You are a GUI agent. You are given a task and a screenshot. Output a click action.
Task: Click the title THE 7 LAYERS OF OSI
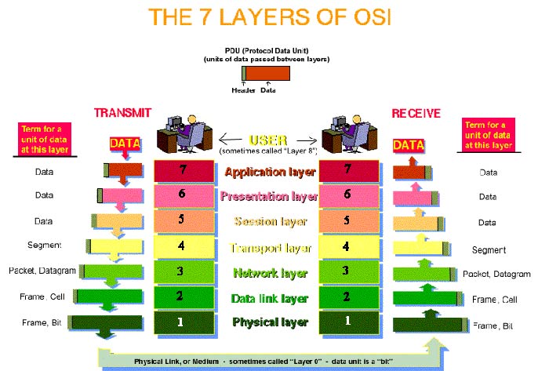270,16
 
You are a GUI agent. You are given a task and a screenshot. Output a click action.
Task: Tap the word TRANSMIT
122,113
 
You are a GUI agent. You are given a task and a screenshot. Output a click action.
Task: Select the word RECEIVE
416,114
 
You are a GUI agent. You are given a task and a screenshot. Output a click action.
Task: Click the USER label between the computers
268,140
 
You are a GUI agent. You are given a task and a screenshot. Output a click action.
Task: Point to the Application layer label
270,173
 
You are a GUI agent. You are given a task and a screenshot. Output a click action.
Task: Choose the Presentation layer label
269,196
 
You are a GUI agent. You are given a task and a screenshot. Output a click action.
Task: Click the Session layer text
271,221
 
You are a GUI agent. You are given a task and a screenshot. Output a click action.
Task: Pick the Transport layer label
271,248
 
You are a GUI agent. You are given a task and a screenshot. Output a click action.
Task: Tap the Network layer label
271,273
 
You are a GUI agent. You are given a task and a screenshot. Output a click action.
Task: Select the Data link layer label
270,299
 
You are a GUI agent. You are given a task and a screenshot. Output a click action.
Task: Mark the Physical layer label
271,322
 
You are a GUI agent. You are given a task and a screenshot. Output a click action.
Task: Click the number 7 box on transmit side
184,171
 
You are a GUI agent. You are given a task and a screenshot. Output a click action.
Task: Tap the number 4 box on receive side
349,247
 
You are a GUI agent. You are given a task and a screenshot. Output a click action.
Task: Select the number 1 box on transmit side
184,322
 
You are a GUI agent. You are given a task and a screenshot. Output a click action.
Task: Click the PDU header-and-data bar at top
266,74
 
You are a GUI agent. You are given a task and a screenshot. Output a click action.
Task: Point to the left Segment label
44,245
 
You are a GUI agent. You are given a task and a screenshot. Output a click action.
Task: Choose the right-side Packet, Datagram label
496,274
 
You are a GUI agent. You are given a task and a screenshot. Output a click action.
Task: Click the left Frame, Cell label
42,296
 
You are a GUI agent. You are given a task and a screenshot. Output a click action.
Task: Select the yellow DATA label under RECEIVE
409,145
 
